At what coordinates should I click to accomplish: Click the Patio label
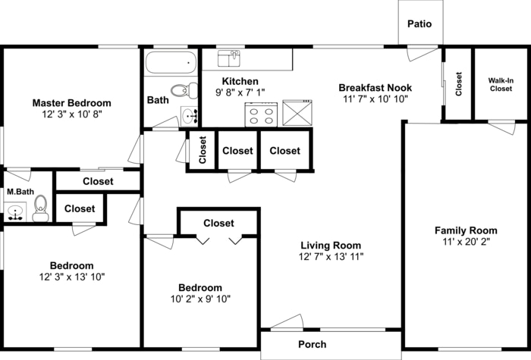click(419, 23)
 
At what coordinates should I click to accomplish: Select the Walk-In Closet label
click(500, 83)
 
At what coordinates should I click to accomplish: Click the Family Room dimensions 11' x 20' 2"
click(466, 243)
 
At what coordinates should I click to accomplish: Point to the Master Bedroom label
click(71, 103)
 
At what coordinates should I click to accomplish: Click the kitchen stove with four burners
click(262, 113)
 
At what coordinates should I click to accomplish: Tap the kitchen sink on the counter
click(229, 58)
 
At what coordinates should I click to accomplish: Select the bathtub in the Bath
click(170, 62)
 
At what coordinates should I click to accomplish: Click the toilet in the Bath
click(181, 91)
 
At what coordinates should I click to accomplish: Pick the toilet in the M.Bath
click(40, 208)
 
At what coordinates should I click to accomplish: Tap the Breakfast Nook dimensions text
click(375, 99)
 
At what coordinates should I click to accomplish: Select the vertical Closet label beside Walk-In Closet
click(458, 83)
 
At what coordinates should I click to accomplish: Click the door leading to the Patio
click(421, 52)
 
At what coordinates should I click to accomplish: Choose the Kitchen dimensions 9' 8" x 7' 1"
click(240, 92)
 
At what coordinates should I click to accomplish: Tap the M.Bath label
click(18, 192)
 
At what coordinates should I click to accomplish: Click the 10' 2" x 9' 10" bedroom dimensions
click(200, 299)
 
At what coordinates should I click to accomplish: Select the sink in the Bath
click(190, 116)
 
